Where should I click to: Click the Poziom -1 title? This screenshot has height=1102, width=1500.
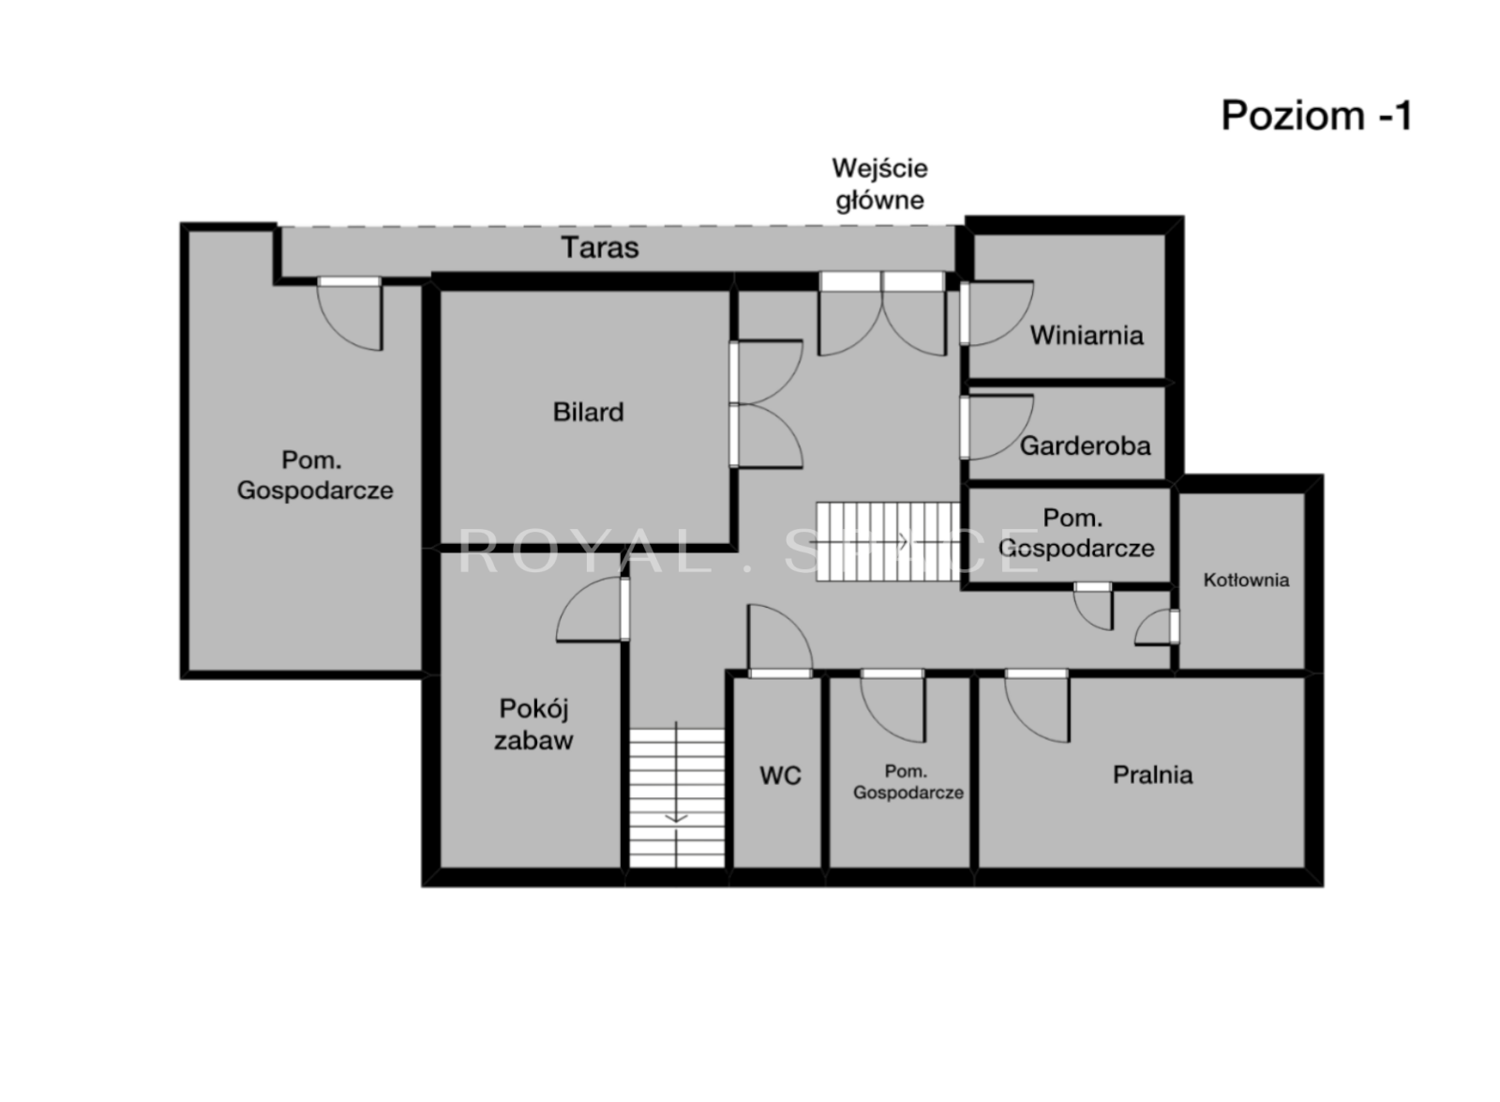(x=1316, y=116)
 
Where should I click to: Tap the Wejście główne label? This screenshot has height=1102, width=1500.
(x=880, y=184)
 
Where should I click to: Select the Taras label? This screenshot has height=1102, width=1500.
(x=600, y=248)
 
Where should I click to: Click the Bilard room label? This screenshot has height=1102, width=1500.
(x=589, y=412)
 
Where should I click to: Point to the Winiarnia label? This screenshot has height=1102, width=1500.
(x=1087, y=335)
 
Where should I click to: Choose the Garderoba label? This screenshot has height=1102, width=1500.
(x=1085, y=445)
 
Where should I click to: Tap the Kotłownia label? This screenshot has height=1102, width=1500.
(x=1246, y=580)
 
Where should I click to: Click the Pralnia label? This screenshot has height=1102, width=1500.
(x=1152, y=775)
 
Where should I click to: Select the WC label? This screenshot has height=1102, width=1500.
(x=780, y=775)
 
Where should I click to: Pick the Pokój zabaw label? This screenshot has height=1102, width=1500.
(x=533, y=724)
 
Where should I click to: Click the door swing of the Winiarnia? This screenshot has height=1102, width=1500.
(x=997, y=313)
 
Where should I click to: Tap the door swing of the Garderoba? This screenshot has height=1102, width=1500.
(x=997, y=428)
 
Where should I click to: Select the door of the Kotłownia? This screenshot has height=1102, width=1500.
(x=1157, y=627)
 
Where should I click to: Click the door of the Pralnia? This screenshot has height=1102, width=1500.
(x=1037, y=704)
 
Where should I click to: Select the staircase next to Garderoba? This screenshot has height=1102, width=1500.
(x=888, y=541)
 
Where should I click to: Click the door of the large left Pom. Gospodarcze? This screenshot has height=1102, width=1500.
(x=349, y=313)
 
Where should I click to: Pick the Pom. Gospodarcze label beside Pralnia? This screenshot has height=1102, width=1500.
(x=907, y=782)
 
